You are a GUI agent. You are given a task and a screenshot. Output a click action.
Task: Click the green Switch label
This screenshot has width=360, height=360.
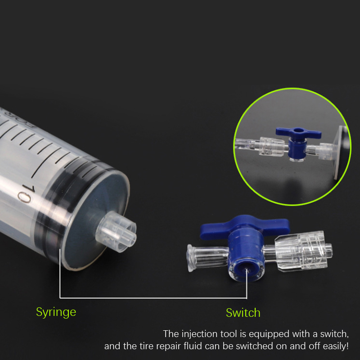pyautogui.click(x=243, y=313)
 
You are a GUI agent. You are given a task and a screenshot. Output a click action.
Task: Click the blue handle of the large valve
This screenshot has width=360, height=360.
pyautogui.click(x=244, y=226)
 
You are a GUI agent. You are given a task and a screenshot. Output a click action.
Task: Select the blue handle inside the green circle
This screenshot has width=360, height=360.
pyautogui.click(x=298, y=133)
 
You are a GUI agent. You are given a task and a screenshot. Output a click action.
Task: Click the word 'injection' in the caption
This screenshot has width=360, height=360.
pyautogui.click(x=199, y=334)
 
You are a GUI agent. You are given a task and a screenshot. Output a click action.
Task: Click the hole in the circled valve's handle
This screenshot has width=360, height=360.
pyautogui.click(x=298, y=130)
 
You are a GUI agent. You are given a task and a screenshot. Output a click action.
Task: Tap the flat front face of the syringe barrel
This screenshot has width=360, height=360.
pyautogui.click(x=96, y=220)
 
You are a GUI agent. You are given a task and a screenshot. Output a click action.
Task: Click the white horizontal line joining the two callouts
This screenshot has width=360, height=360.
pyautogui.click(x=153, y=298)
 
